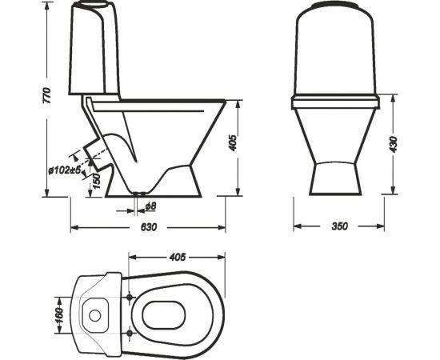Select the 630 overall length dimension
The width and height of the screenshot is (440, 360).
pos(147,226)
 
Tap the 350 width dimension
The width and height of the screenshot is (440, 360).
pos(338,226)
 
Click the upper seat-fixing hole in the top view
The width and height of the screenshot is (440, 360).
pos(130,295)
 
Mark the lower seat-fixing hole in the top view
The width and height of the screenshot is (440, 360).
pos(130,330)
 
